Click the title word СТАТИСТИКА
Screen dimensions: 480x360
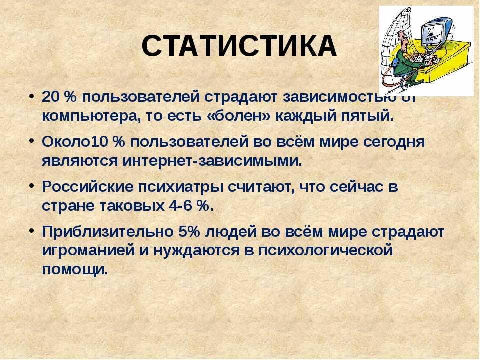[239, 46]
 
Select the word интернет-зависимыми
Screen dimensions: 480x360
[212, 161]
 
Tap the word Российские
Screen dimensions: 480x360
[87, 187]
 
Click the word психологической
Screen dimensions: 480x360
[325, 251]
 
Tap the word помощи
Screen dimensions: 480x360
[75, 269]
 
